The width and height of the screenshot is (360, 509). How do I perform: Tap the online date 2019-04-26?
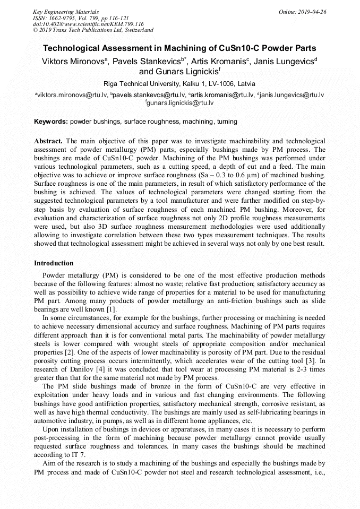coord(311,11)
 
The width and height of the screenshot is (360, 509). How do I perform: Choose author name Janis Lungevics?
coord(284,62)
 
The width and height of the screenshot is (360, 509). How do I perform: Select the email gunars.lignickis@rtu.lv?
coord(180,102)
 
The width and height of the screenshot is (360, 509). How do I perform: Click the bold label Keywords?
coord(51,122)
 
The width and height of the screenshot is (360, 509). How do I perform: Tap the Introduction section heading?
coord(54,263)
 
